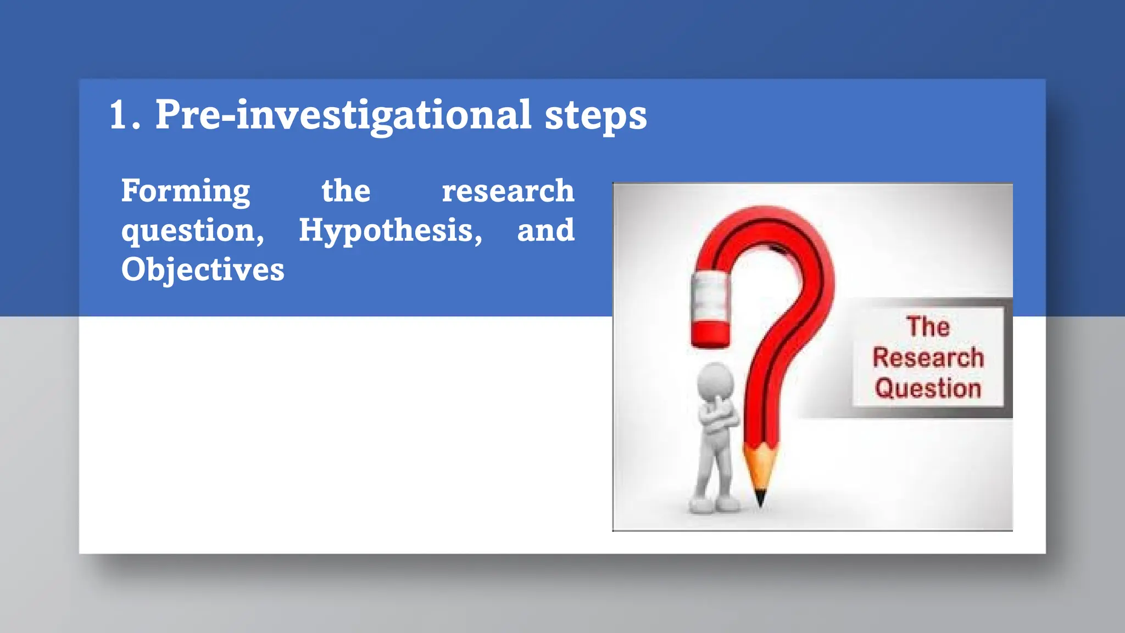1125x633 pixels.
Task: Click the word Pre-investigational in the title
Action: coord(343,115)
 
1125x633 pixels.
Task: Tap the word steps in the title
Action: coord(595,116)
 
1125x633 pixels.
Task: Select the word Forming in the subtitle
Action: coord(186,191)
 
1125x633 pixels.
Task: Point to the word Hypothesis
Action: coord(390,230)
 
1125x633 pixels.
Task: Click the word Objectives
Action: coord(203,270)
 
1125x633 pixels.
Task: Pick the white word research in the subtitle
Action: coord(508,191)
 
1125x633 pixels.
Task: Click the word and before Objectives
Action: coord(545,230)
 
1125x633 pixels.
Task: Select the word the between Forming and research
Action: coord(346,191)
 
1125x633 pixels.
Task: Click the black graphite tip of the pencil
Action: coord(761,498)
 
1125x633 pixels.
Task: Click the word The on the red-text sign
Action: coord(928,327)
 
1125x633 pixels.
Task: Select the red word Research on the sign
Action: coord(928,358)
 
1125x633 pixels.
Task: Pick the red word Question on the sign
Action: coord(928,388)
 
